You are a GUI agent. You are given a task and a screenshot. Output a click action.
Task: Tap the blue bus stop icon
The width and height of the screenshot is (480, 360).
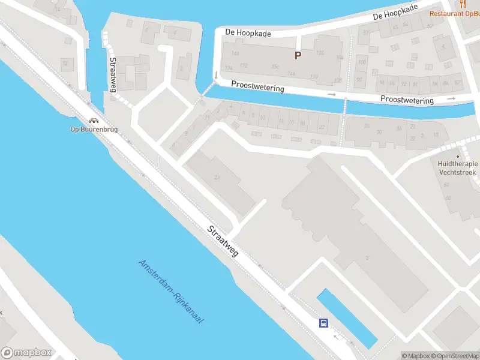click(x=323, y=323)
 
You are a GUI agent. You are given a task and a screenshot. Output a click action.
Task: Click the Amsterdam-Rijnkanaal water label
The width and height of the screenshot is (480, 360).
click(x=171, y=292)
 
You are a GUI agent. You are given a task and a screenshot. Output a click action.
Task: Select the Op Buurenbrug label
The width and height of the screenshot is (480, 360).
click(x=93, y=129)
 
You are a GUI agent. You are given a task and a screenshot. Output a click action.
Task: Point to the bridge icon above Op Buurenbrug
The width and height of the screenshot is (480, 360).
click(x=93, y=120)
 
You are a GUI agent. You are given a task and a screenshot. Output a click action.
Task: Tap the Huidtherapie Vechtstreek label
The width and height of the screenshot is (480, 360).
click(x=457, y=167)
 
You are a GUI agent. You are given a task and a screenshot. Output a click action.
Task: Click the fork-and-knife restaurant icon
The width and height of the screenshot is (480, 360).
click(x=463, y=4)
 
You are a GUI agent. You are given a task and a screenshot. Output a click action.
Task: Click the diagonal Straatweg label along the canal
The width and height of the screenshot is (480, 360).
click(x=223, y=241)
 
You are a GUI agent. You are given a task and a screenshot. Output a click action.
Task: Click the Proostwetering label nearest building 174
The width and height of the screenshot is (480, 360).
click(x=258, y=87)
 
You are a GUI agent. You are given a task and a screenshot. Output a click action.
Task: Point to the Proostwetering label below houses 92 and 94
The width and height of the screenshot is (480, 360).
click(x=407, y=100)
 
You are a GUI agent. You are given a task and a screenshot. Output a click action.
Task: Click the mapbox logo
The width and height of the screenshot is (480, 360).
click(x=26, y=352)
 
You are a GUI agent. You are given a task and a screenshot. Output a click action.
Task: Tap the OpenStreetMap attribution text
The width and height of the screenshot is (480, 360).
click(x=455, y=356)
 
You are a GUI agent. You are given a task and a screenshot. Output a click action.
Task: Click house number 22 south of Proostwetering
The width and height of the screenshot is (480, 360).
click(x=322, y=127)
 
